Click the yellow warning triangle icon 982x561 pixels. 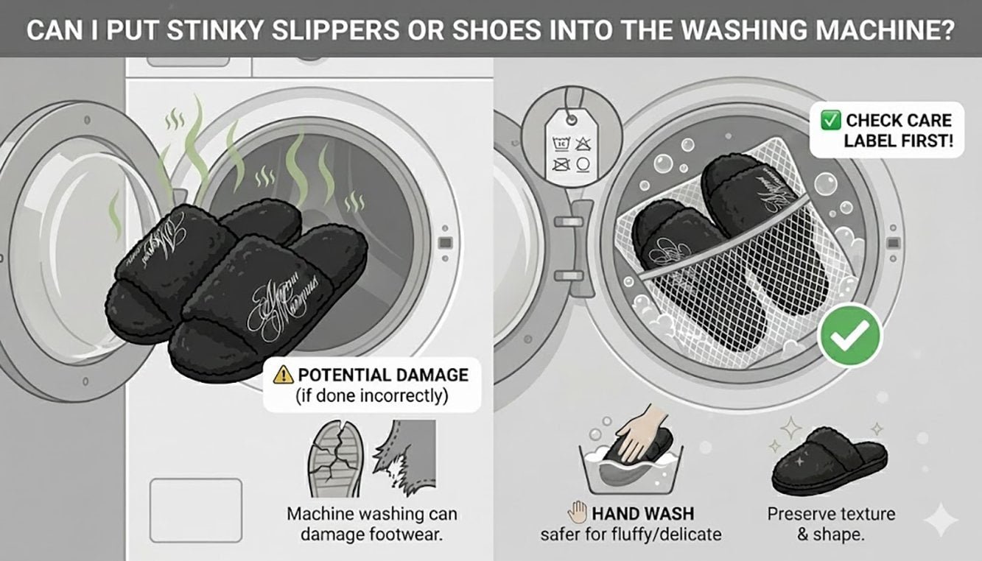click(283, 375)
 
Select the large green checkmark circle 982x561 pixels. click(850, 336)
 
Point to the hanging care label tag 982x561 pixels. click(569, 141)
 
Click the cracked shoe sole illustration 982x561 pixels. click(336, 458)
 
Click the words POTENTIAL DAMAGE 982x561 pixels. click(382, 375)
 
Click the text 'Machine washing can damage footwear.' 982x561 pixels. click(372, 524)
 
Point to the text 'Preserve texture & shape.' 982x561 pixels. click(831, 524)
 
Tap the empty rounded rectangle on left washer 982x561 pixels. click(196, 510)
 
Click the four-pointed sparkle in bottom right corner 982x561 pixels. click(941, 521)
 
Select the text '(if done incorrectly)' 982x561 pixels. click(371, 396)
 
